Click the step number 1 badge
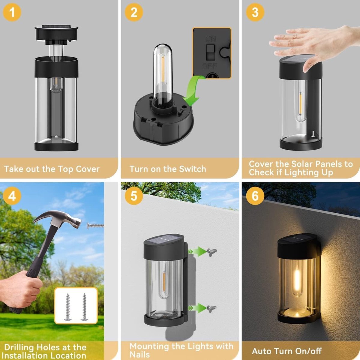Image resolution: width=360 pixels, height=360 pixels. (x=12, y=12)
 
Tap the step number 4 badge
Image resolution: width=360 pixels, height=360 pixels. (x=12, y=196)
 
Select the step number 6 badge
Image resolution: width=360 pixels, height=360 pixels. (x=255, y=196)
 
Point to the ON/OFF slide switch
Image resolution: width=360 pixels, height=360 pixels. (x=210, y=52)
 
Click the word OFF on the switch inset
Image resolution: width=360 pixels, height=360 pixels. (x=210, y=66)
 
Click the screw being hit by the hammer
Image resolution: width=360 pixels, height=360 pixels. (x=95, y=226)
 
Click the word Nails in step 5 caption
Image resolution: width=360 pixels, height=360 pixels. (x=139, y=354)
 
